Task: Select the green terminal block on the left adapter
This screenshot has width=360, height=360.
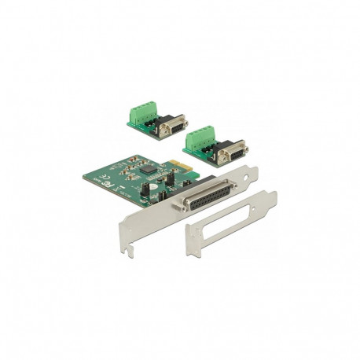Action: tap(139, 116)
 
